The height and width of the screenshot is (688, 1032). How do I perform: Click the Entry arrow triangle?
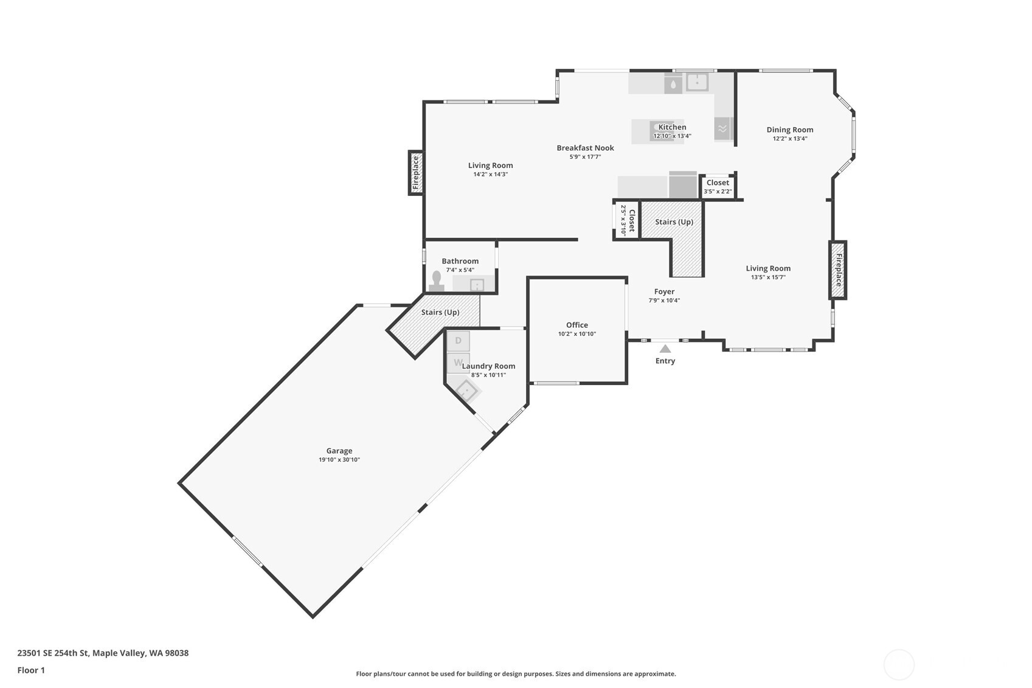(665, 349)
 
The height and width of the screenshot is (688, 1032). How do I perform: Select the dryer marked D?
(459, 341)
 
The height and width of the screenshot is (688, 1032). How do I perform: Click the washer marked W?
(459, 363)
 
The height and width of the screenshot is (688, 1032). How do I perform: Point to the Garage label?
(339, 451)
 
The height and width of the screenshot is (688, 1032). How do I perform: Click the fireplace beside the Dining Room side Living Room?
(838, 270)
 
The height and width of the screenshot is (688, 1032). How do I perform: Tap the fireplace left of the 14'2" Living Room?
(416, 173)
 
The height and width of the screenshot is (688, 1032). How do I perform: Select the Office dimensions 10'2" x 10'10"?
(577, 334)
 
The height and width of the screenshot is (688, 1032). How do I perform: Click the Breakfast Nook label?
(585, 148)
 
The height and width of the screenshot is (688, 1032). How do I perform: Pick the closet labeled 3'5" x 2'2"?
(718, 187)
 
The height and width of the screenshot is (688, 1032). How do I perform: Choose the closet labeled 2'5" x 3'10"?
(627, 220)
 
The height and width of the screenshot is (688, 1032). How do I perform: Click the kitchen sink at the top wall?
(697, 82)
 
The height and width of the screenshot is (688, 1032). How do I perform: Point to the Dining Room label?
(789, 130)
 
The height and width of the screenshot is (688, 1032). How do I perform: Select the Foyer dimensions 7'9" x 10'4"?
(664, 301)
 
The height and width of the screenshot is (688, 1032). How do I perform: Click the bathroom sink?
(477, 285)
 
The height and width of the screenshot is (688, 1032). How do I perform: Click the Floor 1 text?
(31, 670)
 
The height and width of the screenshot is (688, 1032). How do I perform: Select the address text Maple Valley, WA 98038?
(140, 653)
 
